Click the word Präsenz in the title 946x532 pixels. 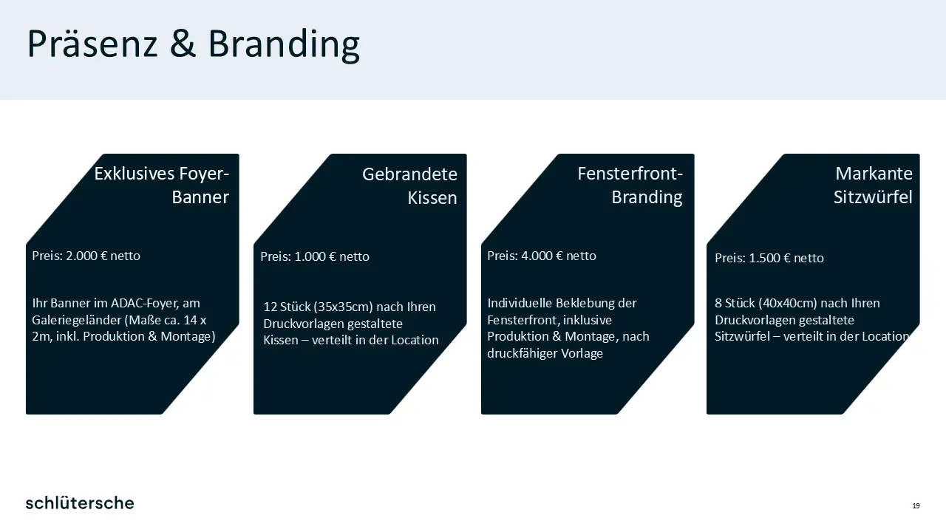(92, 44)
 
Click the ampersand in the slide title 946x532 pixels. (183, 44)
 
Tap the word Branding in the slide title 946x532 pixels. (284, 46)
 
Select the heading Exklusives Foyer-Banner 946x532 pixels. (161, 185)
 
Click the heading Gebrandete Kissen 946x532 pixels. (409, 185)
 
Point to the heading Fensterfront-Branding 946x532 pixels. (630, 185)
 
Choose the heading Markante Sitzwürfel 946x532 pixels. (873, 185)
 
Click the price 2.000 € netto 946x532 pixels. (103, 256)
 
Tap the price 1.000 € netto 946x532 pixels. (332, 256)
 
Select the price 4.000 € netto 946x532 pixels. (558, 256)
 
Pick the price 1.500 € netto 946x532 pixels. (786, 258)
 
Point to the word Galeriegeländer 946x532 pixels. (76, 320)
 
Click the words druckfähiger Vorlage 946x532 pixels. (545, 353)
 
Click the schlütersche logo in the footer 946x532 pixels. (80, 503)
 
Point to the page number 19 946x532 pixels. (916, 506)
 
